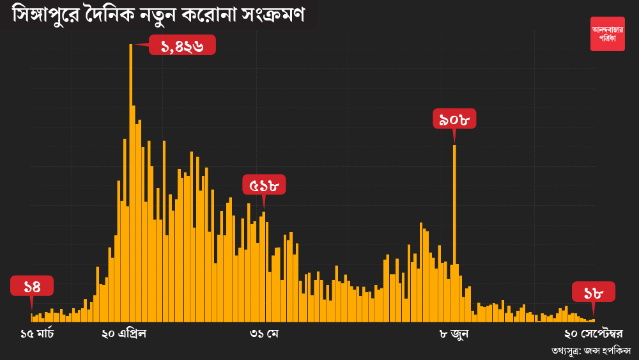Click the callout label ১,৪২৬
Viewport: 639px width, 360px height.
(182, 45)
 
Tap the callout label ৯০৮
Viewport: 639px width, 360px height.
(454, 118)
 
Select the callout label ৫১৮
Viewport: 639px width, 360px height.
(264, 185)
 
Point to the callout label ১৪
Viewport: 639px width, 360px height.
(32, 286)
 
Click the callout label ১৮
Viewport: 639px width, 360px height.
(594, 292)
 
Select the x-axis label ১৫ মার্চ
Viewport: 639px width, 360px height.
(38, 334)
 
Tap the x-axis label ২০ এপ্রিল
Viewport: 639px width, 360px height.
(124, 334)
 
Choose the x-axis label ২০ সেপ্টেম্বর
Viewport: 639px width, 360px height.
(594, 334)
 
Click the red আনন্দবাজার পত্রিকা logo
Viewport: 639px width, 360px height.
(607, 34)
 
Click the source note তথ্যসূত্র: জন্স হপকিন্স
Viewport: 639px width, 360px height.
(591, 350)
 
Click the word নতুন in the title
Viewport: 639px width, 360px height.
(160, 14)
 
